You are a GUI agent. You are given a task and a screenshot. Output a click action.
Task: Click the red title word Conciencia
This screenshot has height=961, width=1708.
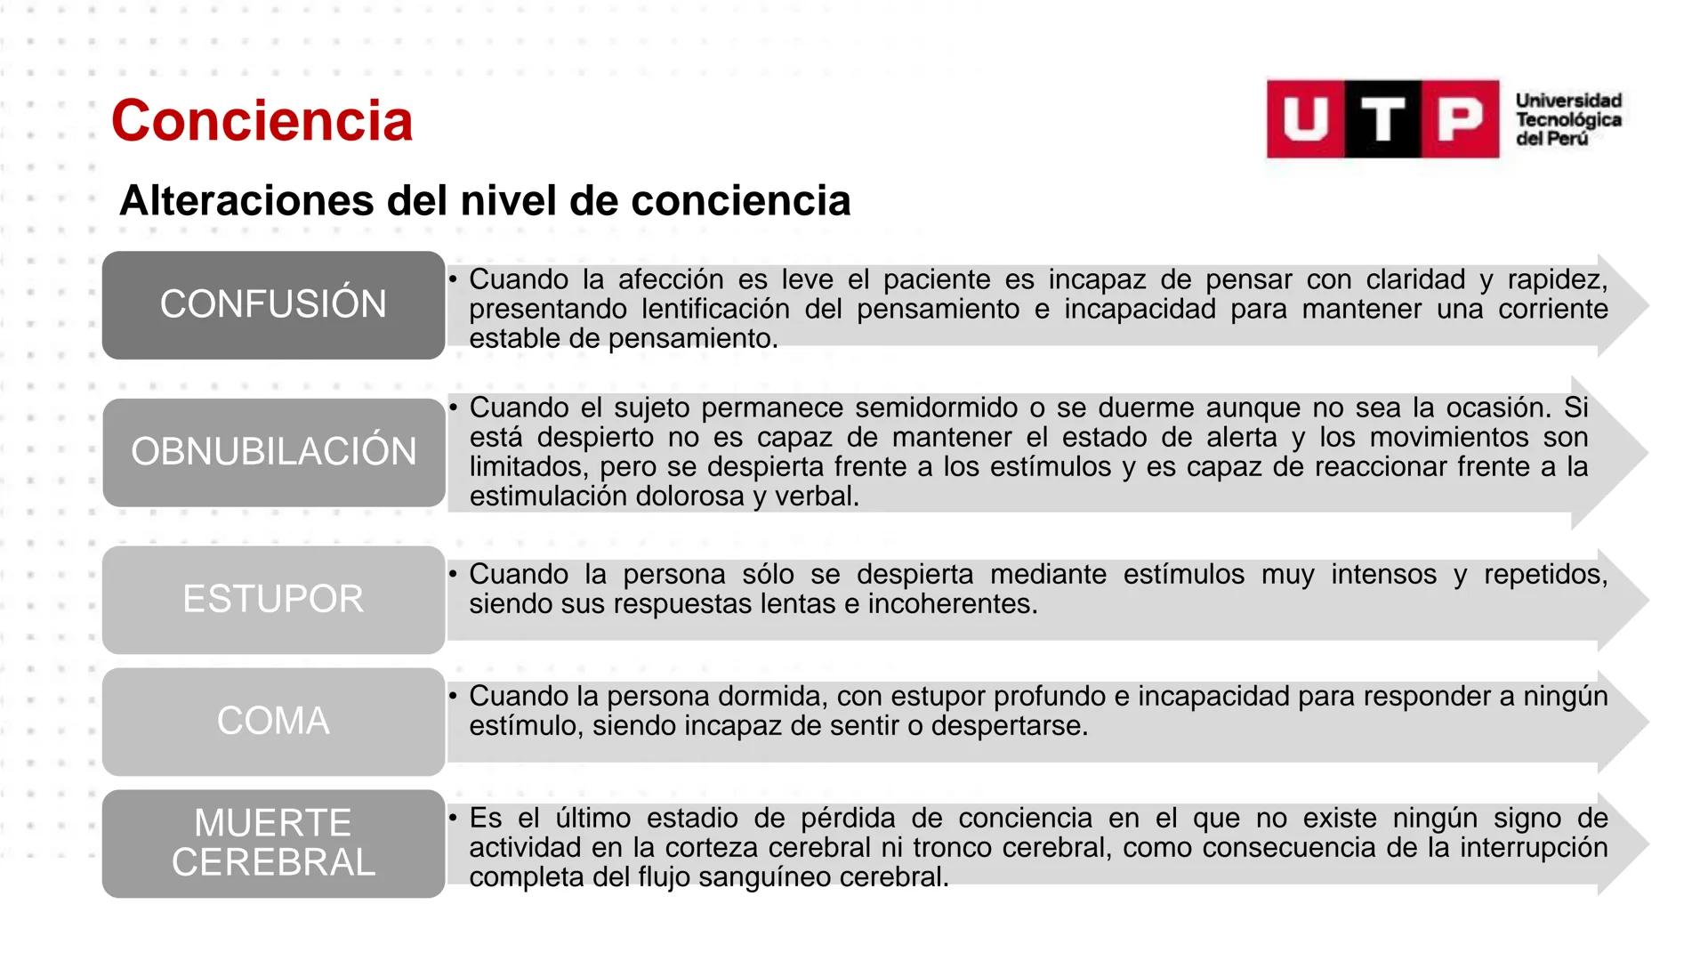(262, 120)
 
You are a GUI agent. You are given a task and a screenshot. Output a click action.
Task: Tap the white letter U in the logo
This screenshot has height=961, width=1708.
(1305, 119)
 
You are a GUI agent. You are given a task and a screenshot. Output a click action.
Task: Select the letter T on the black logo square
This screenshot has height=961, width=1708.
(1382, 119)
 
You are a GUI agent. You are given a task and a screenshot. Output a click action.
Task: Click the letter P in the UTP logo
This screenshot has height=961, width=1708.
(1460, 119)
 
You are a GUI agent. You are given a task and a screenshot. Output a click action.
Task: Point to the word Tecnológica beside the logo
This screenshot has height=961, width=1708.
(1568, 120)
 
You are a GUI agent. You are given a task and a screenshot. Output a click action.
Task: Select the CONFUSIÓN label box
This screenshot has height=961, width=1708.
(273, 304)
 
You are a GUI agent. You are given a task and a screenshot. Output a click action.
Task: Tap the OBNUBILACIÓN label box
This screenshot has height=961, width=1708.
(273, 452)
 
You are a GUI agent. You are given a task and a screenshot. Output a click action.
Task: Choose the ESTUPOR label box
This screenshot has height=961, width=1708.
(273, 599)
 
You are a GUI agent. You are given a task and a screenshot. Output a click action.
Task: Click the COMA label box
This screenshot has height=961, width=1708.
(273, 721)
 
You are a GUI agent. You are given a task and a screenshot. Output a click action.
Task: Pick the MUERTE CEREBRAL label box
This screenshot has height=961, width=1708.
(273, 843)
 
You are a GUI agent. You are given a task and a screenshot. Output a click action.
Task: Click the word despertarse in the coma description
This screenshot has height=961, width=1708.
(1010, 725)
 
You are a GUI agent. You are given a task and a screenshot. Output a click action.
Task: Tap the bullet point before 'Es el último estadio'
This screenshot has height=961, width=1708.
(453, 817)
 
